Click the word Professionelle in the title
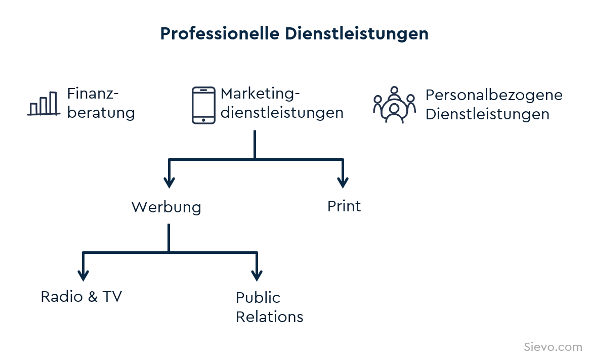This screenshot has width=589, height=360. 220,33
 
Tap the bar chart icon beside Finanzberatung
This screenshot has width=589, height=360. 44,104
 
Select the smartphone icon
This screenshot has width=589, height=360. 203,105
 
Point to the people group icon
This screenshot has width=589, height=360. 394,105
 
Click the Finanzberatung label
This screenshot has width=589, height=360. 101,103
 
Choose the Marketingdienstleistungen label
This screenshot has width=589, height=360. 282,103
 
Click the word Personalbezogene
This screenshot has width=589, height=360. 494,95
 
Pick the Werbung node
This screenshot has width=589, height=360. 166,207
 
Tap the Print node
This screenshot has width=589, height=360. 344,206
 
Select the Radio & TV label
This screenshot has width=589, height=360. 81,297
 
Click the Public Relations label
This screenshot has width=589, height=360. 269,307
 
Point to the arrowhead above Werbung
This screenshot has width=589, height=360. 169,182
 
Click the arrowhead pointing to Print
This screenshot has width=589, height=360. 343,182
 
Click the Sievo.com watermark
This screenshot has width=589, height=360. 553,347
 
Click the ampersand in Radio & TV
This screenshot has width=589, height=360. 93,297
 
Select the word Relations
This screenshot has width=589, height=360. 269,317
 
